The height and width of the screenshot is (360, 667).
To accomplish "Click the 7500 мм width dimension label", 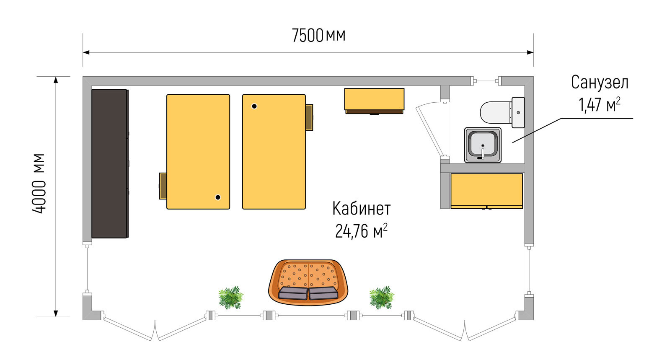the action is [318, 36].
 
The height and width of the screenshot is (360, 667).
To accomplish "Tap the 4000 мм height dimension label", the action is [39, 184].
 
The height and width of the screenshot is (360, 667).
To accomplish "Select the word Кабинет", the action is [361, 208].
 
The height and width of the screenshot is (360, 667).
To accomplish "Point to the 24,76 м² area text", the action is [361, 231].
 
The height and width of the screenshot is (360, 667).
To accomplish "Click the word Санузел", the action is [600, 83].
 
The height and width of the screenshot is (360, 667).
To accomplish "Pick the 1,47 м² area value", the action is [600, 104].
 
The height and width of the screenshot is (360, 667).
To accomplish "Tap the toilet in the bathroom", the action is [502, 112].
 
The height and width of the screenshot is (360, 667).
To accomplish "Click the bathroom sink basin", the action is [483, 145].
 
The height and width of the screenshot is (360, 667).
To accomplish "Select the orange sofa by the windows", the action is [308, 282].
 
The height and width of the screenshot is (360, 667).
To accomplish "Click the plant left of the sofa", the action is [231, 298].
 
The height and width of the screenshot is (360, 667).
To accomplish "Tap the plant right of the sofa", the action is [382, 298].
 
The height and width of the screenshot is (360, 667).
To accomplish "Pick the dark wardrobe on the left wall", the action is [110, 163].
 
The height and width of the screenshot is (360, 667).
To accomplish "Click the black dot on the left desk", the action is [218, 197].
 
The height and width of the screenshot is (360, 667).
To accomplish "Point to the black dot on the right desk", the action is [254, 106].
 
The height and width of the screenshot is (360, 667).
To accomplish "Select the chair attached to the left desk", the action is [163, 186].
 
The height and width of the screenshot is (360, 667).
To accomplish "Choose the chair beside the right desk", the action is [309, 117].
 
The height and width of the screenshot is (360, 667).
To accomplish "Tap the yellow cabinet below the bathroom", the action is [486, 191].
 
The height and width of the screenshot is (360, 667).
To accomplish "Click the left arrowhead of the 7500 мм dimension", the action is [86, 52].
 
